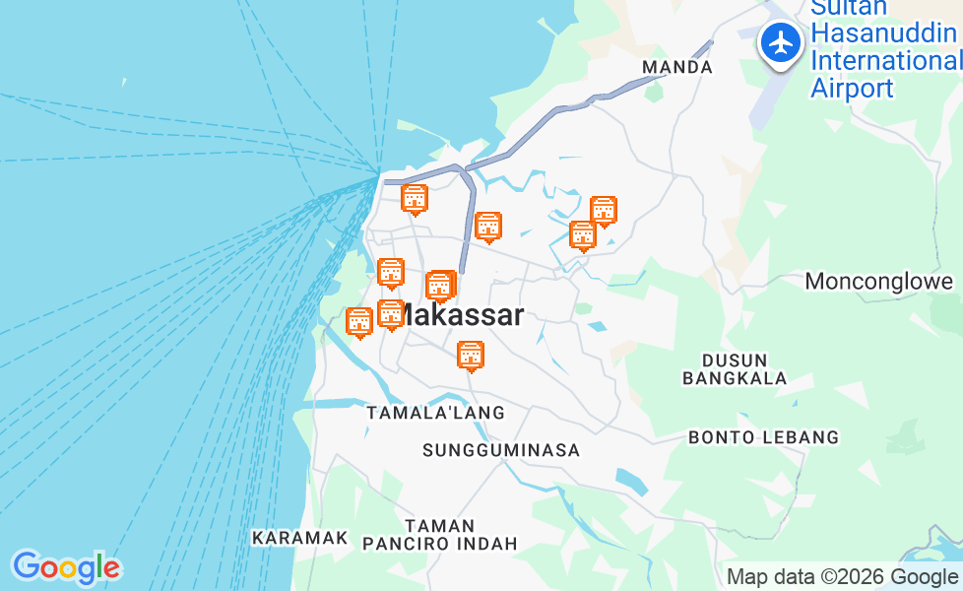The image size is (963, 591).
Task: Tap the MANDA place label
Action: pyautogui.click(x=676, y=67)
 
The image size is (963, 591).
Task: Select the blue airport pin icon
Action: pyautogui.click(x=781, y=44)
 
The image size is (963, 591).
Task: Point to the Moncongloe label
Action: pyautogui.click(x=878, y=282)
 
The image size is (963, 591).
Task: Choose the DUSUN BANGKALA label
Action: pyautogui.click(x=735, y=368)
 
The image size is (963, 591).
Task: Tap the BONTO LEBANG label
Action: pyautogui.click(x=763, y=436)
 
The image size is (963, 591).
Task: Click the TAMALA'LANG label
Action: pyautogui.click(x=435, y=413)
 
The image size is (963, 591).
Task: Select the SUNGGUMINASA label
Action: pyautogui.click(x=501, y=450)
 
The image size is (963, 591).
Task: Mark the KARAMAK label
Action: pyautogui.click(x=300, y=538)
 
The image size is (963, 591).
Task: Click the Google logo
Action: pyautogui.click(x=66, y=567)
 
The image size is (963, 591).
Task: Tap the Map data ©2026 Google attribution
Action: pyautogui.click(x=842, y=577)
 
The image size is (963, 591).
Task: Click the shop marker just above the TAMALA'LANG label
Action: pyautogui.click(x=472, y=356)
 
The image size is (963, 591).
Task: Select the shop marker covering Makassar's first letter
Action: pyautogui.click(x=391, y=314)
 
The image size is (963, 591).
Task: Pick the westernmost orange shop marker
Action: pyautogui.click(x=360, y=321)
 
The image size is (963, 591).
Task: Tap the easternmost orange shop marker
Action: pyautogui.click(x=604, y=210)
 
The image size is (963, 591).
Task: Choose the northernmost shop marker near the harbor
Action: pyautogui.click(x=416, y=199)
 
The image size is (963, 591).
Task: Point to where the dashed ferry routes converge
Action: pyautogui.click(x=380, y=174)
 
